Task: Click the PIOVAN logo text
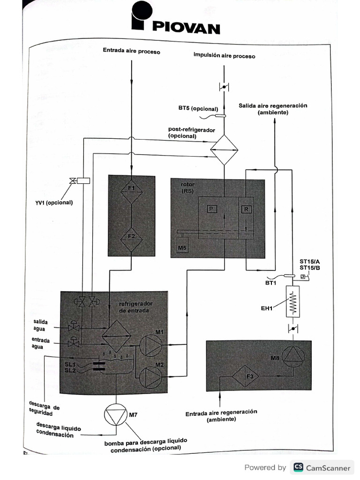pyautogui.click(x=186, y=28)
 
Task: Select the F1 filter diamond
pyautogui.click(x=132, y=188)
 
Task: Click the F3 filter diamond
pyautogui.click(x=249, y=376)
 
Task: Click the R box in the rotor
pyautogui.click(x=246, y=210)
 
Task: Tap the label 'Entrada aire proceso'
pyautogui.click(x=132, y=51)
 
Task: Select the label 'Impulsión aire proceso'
pyautogui.click(x=225, y=56)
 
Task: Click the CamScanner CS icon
pyautogui.click(x=298, y=467)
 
